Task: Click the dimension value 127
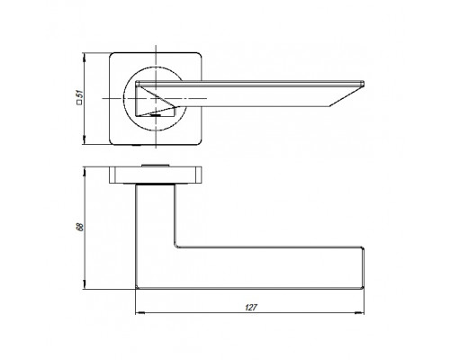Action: click(x=251, y=308)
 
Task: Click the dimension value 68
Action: click(x=80, y=227)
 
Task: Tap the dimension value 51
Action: click(x=80, y=94)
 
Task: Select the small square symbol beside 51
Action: click(x=80, y=103)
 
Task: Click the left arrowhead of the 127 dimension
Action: click(x=139, y=313)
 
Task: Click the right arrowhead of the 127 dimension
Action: click(x=359, y=313)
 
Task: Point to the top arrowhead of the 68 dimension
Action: click(x=85, y=172)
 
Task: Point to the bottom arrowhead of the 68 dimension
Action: click(x=85, y=284)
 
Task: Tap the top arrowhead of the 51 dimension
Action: click(x=85, y=58)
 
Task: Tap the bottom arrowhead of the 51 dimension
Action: click(x=85, y=139)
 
